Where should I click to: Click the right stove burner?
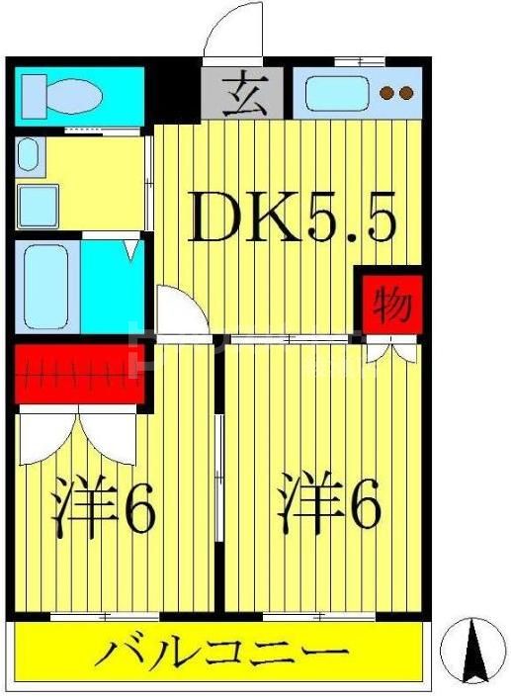pyautogui.click(x=405, y=95)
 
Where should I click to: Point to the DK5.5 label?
pyautogui.click(x=293, y=219)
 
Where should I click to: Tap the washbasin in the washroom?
pyautogui.click(x=27, y=153)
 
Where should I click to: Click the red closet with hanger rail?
pyautogui.click(x=74, y=373)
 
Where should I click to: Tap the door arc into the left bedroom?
pyautogui.click(x=181, y=308)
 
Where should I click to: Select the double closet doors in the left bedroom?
pyautogui.click(x=76, y=434)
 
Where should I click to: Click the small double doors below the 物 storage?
pyautogui.click(x=389, y=348)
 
